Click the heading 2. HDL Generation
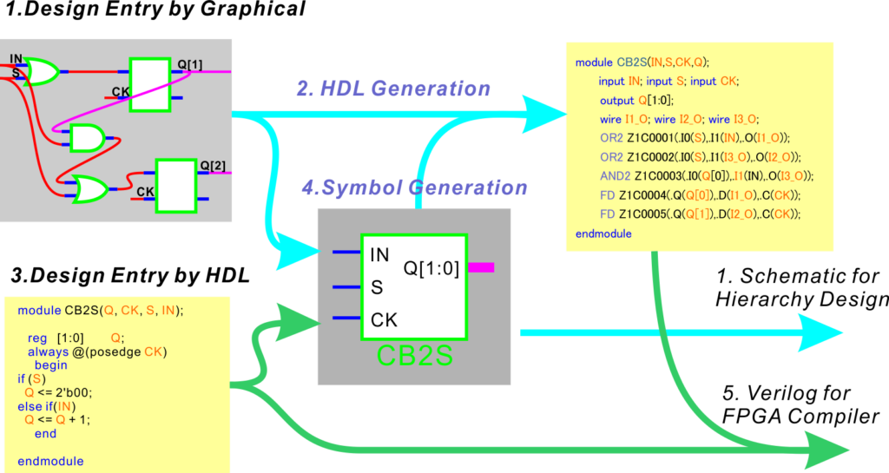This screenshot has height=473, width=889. tap(393, 89)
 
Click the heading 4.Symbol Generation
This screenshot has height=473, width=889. tap(414, 187)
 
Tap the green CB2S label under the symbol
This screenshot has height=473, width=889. tap(414, 356)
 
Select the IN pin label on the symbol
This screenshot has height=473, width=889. tap(379, 255)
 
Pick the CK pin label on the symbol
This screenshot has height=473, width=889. tap(384, 320)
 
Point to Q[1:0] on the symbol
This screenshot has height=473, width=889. tap(431, 269)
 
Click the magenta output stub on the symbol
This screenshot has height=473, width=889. tap(481, 267)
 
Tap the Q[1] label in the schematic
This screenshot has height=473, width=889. tap(190, 64)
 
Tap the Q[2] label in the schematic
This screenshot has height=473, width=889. tap(213, 166)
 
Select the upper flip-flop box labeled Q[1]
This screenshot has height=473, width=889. tap(149, 84)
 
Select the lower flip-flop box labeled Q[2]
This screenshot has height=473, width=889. tap(175, 186)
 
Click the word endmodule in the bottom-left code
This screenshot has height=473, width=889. tap(50, 461)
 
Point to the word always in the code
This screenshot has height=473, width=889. tap(49, 351)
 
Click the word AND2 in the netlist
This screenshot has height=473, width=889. tap(614, 176)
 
